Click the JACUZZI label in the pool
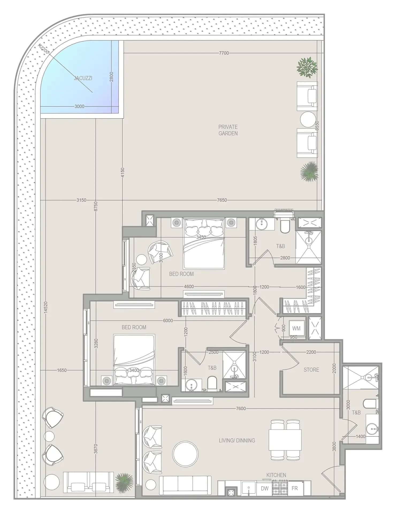click(83, 78)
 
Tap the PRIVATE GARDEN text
click(228, 130)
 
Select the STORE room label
click(311, 370)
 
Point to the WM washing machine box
click(296, 328)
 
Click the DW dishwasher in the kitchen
click(265, 488)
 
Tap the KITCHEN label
click(276, 475)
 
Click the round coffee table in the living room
click(185, 454)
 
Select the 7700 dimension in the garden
click(224, 53)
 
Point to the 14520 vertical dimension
click(45, 307)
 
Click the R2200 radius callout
click(43, 49)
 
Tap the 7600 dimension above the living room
click(241, 408)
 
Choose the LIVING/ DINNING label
click(237, 440)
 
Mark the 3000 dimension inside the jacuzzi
click(79, 106)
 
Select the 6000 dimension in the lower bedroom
click(168, 321)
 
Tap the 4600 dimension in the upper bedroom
click(189, 287)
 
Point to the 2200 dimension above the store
click(311, 352)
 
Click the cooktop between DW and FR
click(280, 488)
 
